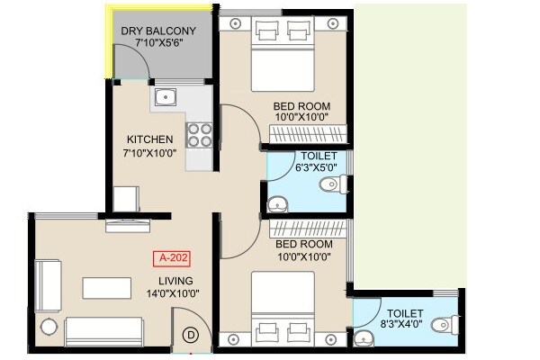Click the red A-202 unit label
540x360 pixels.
(172, 260)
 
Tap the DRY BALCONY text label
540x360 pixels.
(158, 31)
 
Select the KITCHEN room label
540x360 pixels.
(150, 139)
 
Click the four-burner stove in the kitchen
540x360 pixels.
(199, 134)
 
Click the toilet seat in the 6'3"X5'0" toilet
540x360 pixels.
(330, 185)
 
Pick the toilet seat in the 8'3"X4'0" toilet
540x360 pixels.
(441, 325)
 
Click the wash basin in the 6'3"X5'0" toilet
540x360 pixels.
(279, 202)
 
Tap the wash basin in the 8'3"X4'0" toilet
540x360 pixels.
(363, 337)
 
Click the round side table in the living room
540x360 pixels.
(48, 327)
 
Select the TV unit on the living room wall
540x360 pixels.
(127, 226)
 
